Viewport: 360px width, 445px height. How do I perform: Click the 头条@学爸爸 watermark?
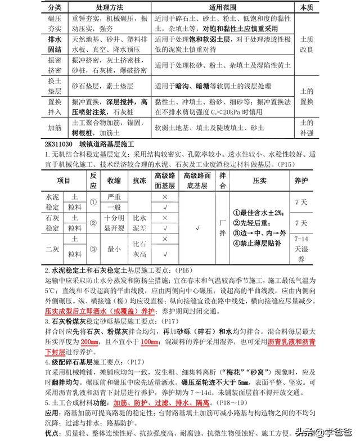pos(327,433)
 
